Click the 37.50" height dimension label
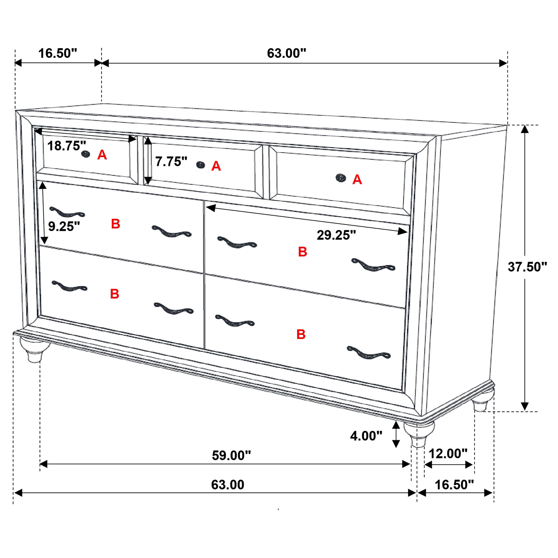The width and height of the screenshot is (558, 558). point(527,267)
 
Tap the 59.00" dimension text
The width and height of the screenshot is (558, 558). point(231,456)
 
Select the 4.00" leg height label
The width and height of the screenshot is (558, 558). point(366,436)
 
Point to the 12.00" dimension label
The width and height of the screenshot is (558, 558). point(448,454)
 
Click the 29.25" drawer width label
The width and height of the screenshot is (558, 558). point(336,235)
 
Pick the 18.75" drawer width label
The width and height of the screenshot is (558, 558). point(67,146)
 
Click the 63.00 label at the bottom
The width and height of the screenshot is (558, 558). point(228,485)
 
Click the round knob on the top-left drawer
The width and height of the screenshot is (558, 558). point(85,154)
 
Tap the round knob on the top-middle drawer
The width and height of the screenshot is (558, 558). point(200,165)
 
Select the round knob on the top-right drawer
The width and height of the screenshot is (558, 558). point(341,178)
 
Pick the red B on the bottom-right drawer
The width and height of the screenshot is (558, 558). point(301,334)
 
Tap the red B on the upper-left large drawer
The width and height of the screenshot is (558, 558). point(116,224)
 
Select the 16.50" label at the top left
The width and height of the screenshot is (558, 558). point(58,53)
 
